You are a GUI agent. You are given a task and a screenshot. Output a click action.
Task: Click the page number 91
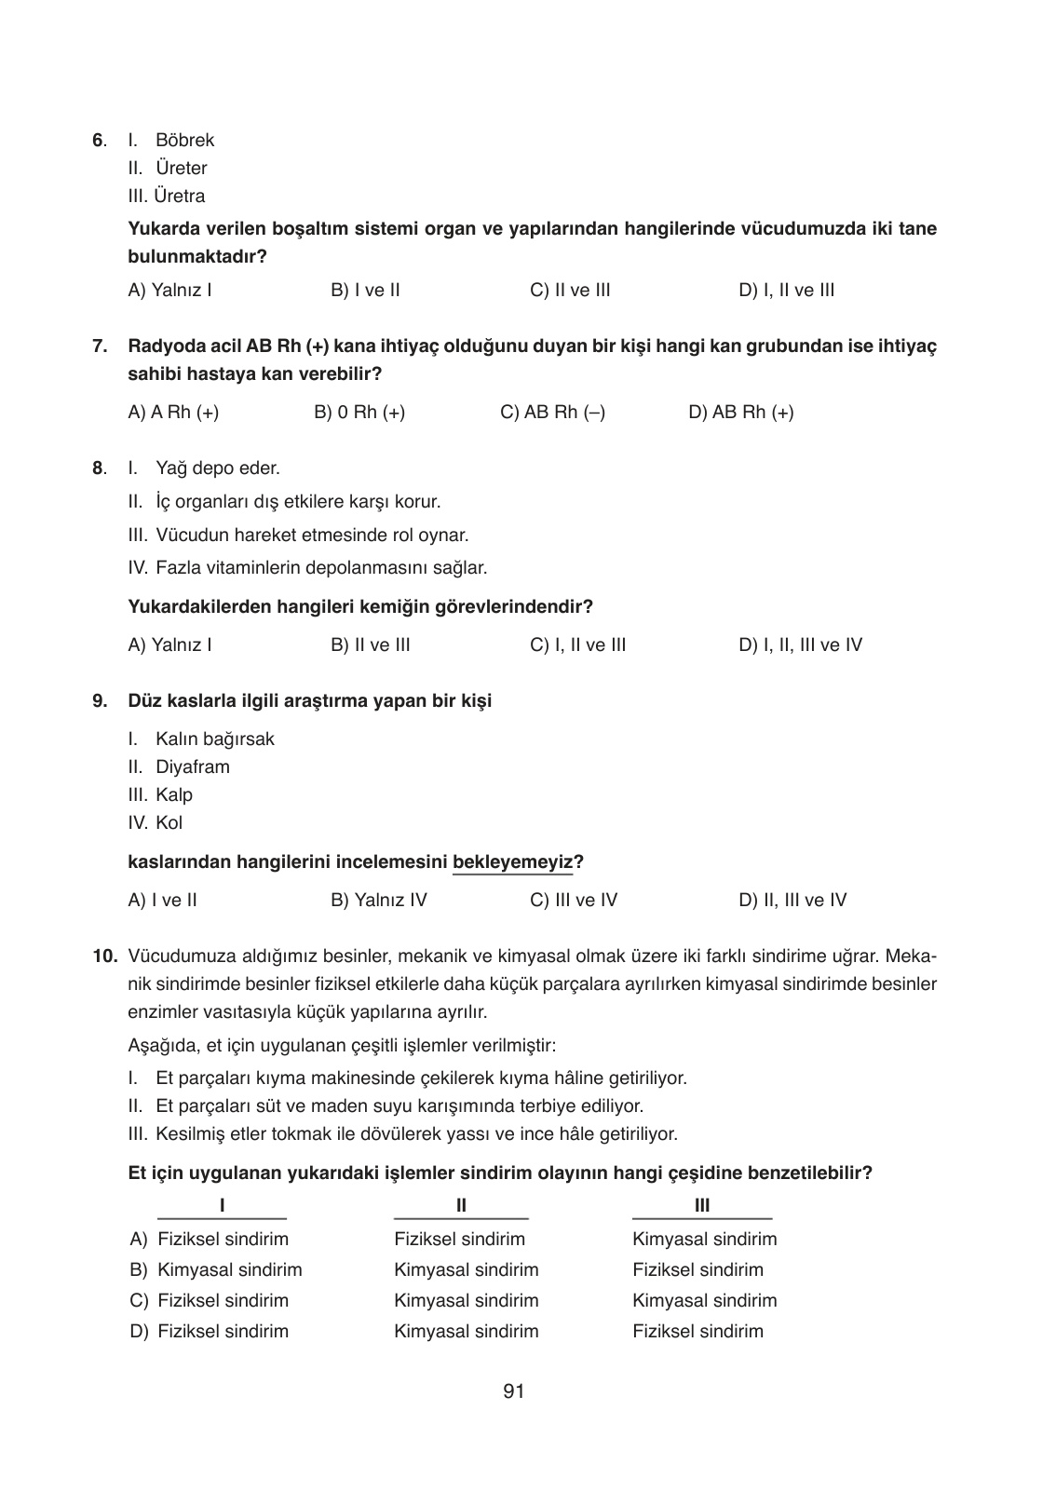[x=513, y=1391]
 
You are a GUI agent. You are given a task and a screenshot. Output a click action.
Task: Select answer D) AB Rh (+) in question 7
[x=740, y=413]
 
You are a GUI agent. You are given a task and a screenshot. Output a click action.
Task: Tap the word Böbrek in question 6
[x=184, y=141]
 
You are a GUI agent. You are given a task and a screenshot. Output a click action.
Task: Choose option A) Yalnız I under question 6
[x=169, y=291]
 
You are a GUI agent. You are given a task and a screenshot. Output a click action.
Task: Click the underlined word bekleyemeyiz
[x=512, y=861]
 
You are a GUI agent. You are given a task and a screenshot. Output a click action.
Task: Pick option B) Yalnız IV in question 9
[x=378, y=901]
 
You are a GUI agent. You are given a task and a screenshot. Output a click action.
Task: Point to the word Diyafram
[x=192, y=767]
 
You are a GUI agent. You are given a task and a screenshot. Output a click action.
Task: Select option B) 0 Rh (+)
[x=359, y=413]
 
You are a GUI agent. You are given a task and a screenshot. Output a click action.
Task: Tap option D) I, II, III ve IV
[x=800, y=645]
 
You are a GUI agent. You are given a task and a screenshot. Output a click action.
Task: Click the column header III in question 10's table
[x=702, y=1206]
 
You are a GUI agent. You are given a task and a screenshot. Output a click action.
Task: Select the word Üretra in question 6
[x=180, y=197]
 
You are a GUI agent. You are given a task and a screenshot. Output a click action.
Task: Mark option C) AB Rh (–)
[x=552, y=413]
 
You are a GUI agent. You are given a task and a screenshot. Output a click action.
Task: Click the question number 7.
[x=99, y=346]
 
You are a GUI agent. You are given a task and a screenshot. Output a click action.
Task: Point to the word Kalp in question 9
[x=174, y=795]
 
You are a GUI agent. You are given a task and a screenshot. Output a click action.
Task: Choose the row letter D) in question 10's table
[x=139, y=1332]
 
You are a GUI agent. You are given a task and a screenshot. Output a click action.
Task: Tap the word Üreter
[x=181, y=169]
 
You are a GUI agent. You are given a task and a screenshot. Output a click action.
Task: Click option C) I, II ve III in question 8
[x=577, y=645]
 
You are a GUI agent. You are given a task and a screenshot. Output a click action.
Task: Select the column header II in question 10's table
[x=461, y=1206]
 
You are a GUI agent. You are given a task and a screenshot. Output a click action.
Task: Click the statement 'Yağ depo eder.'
[x=217, y=468]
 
